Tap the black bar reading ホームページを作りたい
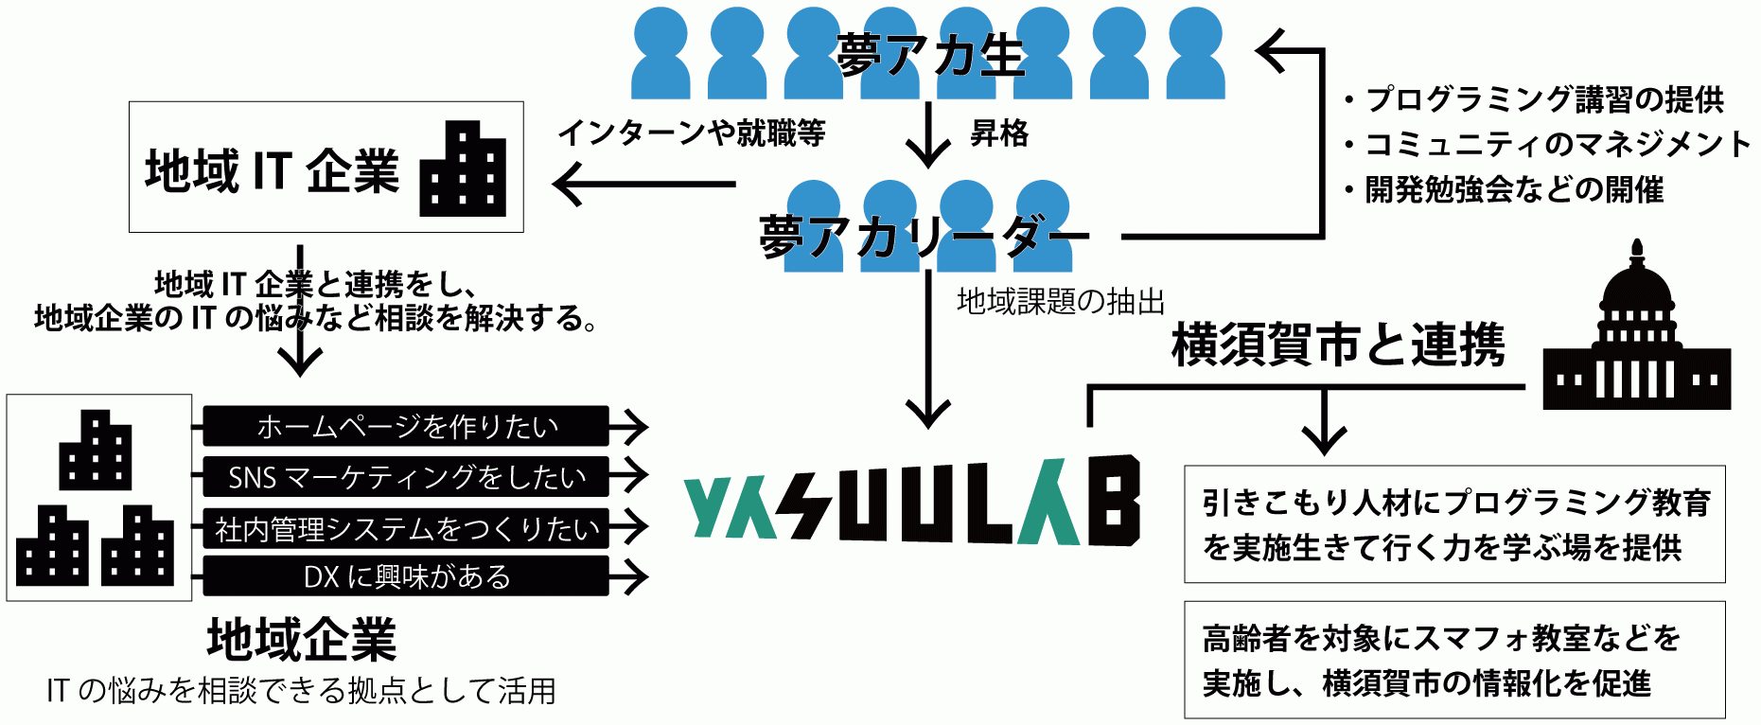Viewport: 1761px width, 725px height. [406, 426]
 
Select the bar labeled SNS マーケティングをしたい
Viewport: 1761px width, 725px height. [406, 476]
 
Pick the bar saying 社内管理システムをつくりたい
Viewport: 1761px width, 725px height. [406, 527]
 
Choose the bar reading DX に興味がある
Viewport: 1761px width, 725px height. [406, 575]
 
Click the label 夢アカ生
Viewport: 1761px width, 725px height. [929, 55]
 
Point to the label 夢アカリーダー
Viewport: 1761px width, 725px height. [923, 236]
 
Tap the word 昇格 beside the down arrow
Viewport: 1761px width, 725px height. [999, 133]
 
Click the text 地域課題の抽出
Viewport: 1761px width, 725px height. [1060, 301]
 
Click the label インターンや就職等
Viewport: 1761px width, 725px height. [692, 133]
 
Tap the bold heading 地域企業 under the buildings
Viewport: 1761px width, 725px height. [302, 640]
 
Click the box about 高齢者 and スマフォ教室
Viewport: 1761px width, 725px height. [1453, 660]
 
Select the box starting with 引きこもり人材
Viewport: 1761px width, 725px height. [1453, 524]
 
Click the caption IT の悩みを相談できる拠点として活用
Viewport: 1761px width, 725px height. [302, 691]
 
